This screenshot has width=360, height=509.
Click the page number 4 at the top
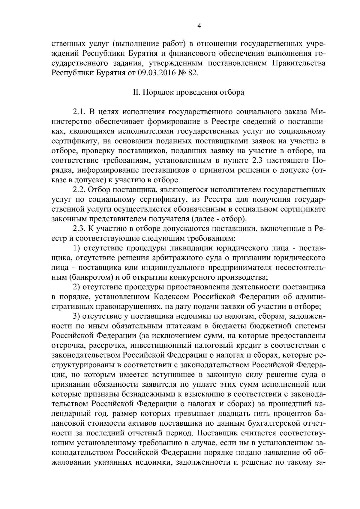(199, 26)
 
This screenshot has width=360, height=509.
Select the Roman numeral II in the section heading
(136, 92)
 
